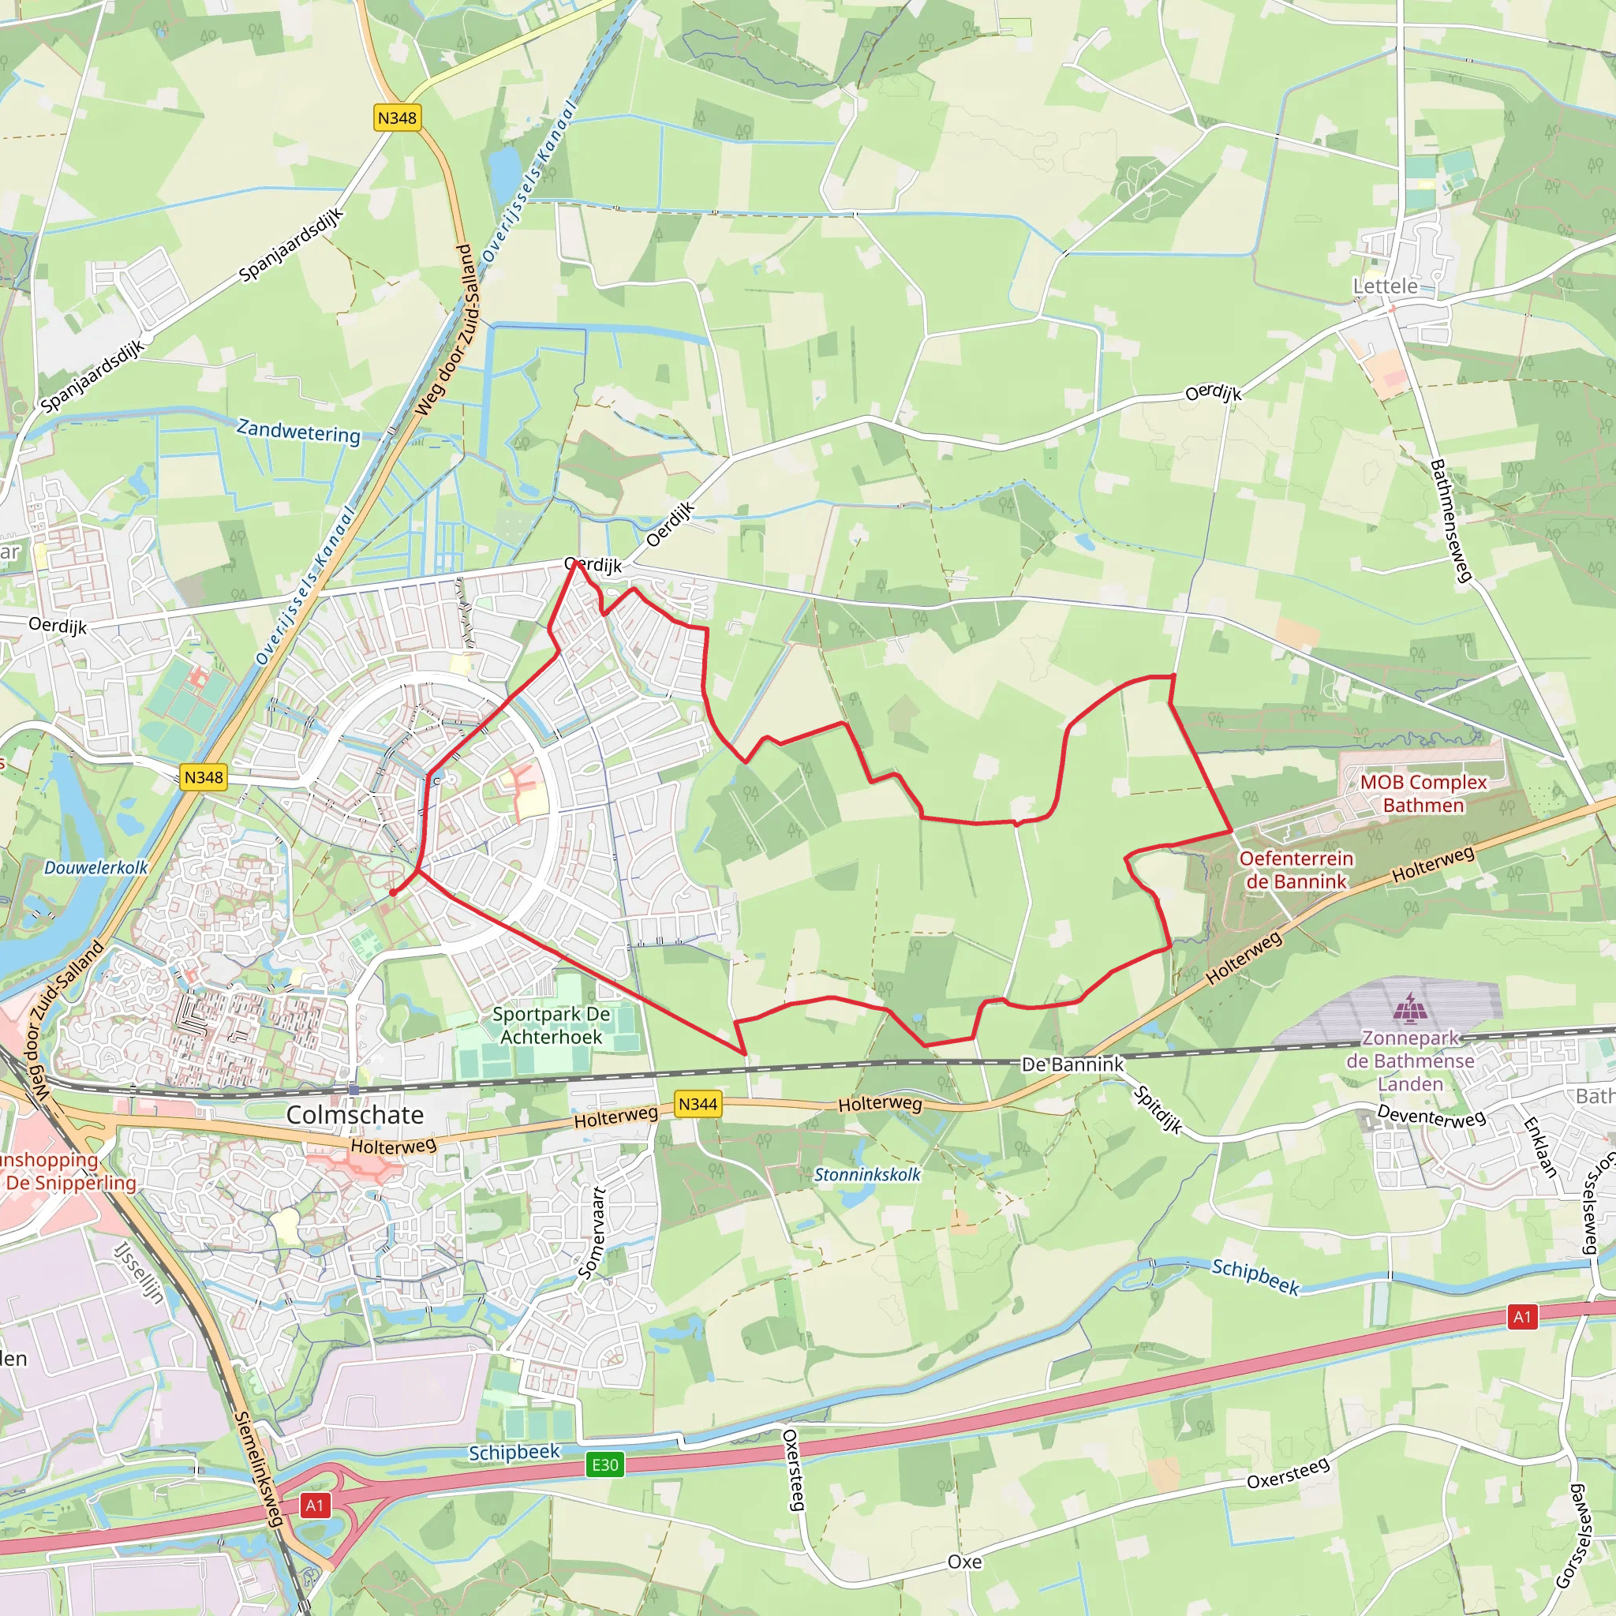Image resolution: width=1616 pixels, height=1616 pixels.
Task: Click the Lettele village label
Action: pyautogui.click(x=1385, y=286)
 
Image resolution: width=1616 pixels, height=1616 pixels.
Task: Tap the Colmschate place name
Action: pyautogui.click(x=354, y=1114)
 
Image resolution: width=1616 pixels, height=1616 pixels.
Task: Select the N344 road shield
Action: pyautogui.click(x=698, y=1104)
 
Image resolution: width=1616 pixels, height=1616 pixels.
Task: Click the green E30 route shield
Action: pyautogui.click(x=604, y=1464)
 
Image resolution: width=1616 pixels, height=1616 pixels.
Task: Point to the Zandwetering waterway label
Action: pyautogui.click(x=298, y=432)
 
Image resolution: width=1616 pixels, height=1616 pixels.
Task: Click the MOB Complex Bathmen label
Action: pyautogui.click(x=1423, y=794)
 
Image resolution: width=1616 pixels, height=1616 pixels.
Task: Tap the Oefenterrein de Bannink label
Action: pyautogui.click(x=1296, y=870)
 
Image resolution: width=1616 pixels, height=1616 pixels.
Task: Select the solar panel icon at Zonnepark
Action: pyautogui.click(x=1410, y=1008)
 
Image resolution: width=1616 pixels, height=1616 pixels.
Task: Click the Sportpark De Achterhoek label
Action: pyautogui.click(x=552, y=1026)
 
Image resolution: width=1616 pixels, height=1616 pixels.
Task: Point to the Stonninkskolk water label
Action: pyautogui.click(x=867, y=1174)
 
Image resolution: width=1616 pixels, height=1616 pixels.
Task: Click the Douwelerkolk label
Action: pyautogui.click(x=95, y=867)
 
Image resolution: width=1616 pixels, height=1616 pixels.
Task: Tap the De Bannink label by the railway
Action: pyautogui.click(x=1073, y=1064)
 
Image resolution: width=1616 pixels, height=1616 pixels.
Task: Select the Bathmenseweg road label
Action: pyautogui.click(x=1451, y=520)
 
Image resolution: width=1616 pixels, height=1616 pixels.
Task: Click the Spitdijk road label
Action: pyautogui.click(x=1158, y=1110)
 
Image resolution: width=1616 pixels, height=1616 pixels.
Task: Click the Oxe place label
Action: pyautogui.click(x=964, y=1562)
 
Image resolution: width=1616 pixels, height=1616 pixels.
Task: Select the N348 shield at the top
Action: pyautogui.click(x=396, y=118)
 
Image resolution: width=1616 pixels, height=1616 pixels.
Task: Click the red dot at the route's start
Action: pyautogui.click(x=392, y=893)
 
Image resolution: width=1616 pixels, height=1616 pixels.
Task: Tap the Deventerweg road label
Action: pyautogui.click(x=1431, y=1116)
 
